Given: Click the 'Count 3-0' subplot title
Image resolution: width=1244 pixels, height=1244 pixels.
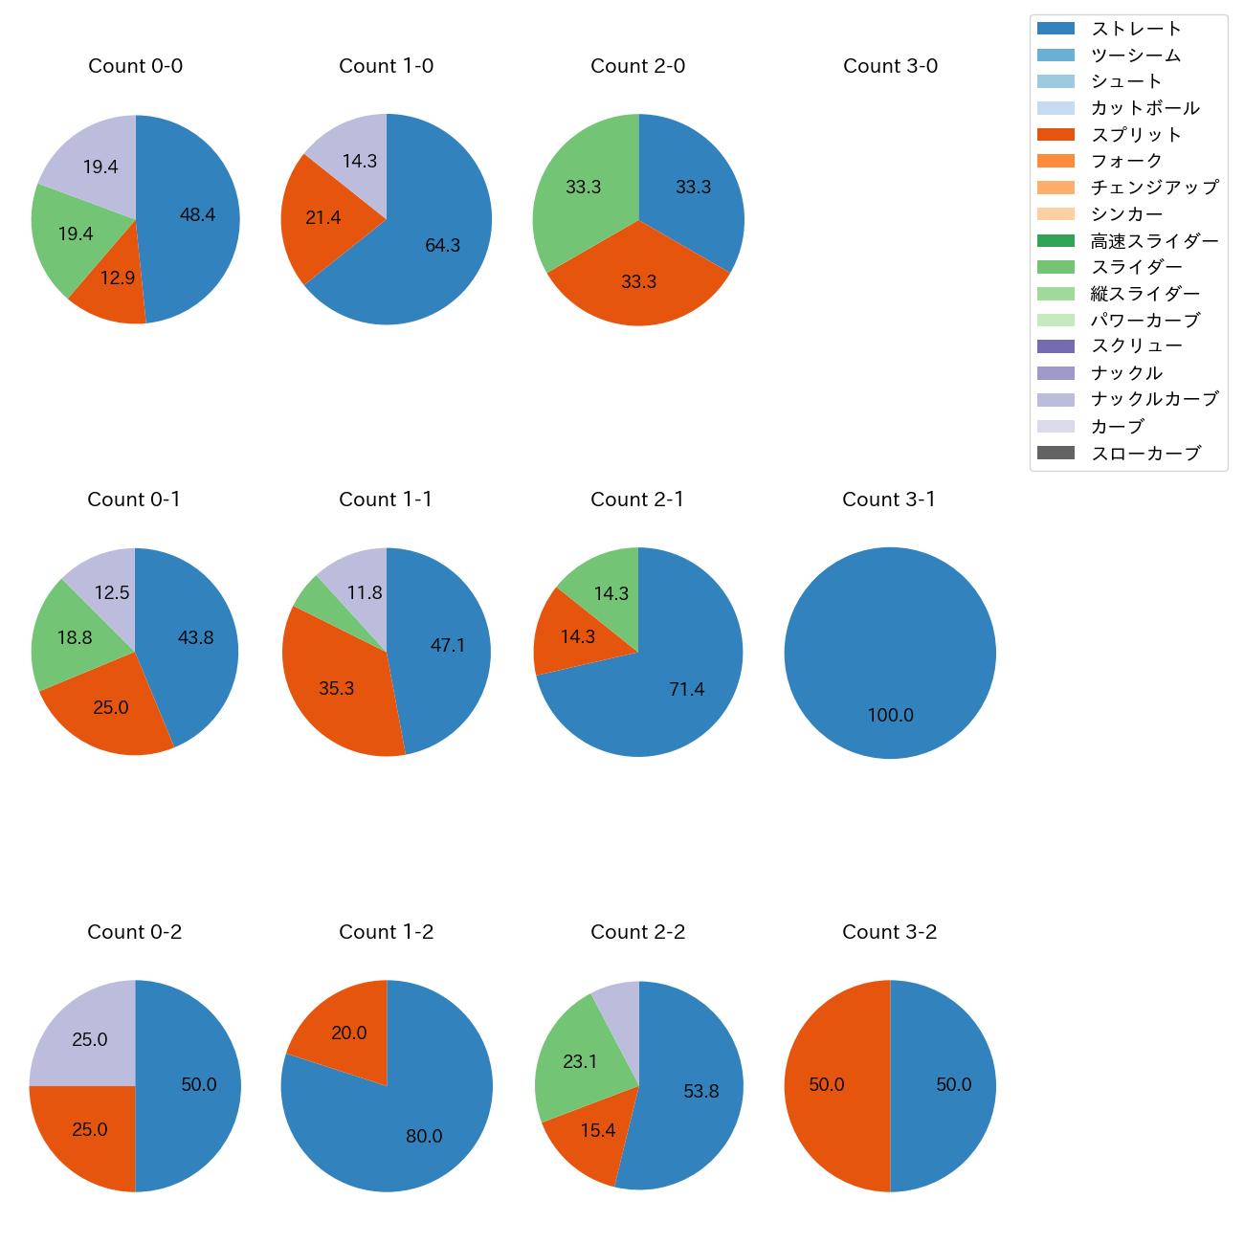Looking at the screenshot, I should pyautogui.click(x=890, y=66).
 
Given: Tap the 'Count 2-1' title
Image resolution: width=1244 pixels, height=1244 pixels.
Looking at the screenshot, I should pyautogui.click(x=637, y=500).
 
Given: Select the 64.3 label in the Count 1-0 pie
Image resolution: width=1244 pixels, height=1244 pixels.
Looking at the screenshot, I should pyautogui.click(x=443, y=246).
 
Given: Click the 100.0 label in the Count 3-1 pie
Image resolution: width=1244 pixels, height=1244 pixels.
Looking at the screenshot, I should pyautogui.click(x=890, y=716).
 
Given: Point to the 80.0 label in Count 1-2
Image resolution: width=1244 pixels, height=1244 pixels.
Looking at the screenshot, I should pyautogui.click(x=424, y=1137).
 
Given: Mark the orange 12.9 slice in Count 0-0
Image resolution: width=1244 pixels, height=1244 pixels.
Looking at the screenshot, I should pyautogui.click(x=113, y=282).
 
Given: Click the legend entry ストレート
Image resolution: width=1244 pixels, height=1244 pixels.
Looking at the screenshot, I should pyautogui.click(x=1136, y=29).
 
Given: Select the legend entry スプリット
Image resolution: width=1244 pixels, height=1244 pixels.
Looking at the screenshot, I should pyautogui.click(x=1136, y=135).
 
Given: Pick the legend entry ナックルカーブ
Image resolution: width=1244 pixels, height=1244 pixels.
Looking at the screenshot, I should pyautogui.click(x=1154, y=399).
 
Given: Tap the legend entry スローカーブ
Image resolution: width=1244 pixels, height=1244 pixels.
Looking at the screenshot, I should pyautogui.click(x=1145, y=453).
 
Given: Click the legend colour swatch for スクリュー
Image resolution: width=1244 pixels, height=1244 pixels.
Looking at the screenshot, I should pyautogui.click(x=1055, y=346).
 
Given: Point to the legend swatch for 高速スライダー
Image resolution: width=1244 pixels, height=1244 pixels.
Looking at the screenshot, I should pyautogui.click(x=1055, y=240).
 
